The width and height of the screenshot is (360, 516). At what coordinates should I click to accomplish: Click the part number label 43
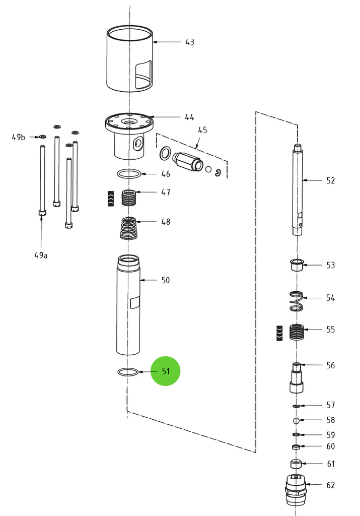pos(189,42)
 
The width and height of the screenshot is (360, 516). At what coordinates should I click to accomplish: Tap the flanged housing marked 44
pos(129,134)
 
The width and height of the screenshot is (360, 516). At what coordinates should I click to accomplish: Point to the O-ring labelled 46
pos(129,174)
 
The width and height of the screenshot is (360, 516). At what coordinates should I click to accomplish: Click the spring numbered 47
pos(129,197)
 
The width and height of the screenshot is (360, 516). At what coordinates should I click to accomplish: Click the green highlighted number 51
pos(166,371)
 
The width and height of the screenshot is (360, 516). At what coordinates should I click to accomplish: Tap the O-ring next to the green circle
pos(128,372)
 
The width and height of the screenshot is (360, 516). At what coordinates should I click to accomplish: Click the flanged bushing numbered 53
pos(297,265)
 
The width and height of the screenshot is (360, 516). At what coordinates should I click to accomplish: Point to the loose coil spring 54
pos(297,301)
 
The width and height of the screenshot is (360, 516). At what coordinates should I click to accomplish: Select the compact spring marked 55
pos(298,332)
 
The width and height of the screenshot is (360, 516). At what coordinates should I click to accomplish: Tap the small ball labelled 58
pos(297,420)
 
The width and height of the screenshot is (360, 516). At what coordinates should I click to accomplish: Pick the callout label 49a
pos(41,255)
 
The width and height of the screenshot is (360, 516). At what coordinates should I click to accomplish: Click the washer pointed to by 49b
pos(42,137)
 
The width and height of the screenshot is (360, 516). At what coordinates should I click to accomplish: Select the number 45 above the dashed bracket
pos(202,130)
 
